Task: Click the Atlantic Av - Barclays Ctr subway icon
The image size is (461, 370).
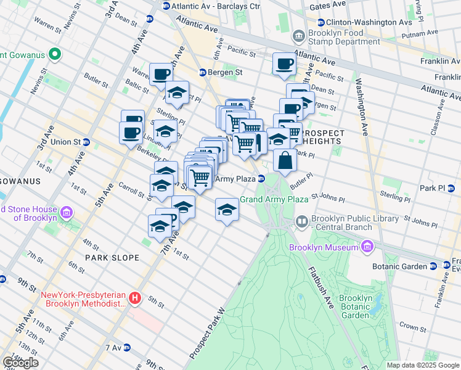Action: coord(166,6)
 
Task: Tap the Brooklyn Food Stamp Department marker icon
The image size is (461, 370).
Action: coord(299,36)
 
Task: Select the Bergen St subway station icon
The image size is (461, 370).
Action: coord(202,73)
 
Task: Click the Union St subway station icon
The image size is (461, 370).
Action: coord(86,142)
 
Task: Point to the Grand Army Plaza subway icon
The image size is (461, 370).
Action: coord(261,179)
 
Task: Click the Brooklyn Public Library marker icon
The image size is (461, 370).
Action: coord(302,220)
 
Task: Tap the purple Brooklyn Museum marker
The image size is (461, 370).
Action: coord(367,247)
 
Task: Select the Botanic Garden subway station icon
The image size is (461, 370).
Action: coord(434,266)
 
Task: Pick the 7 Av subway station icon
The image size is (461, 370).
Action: coord(128,348)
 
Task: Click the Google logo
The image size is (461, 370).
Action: coord(20,363)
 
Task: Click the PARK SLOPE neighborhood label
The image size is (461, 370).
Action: coord(112,257)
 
